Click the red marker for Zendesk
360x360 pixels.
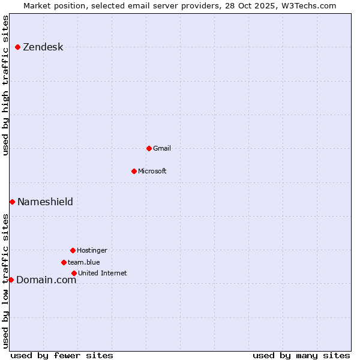tap(18, 47)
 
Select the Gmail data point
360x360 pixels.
tap(149, 148)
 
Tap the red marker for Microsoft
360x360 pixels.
tap(134, 171)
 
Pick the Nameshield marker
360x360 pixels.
tap(12, 202)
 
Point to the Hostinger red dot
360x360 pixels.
tap(73, 250)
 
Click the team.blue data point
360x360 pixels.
tap(64, 262)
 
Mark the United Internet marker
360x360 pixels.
tap(74, 273)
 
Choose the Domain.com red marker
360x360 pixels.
tap(11, 280)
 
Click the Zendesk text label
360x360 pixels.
tap(43, 47)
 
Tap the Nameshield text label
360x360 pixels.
tap(45, 202)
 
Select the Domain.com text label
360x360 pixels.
tap(46, 280)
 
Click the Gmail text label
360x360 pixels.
tap(162, 149)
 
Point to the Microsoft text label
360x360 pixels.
tap(152, 172)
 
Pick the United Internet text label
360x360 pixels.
tap(103, 274)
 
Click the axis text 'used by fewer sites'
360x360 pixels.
tap(62, 355)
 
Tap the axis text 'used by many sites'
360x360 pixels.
tap(301, 355)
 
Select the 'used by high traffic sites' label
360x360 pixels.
tap(6, 85)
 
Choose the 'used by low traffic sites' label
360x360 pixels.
tap(6, 280)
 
